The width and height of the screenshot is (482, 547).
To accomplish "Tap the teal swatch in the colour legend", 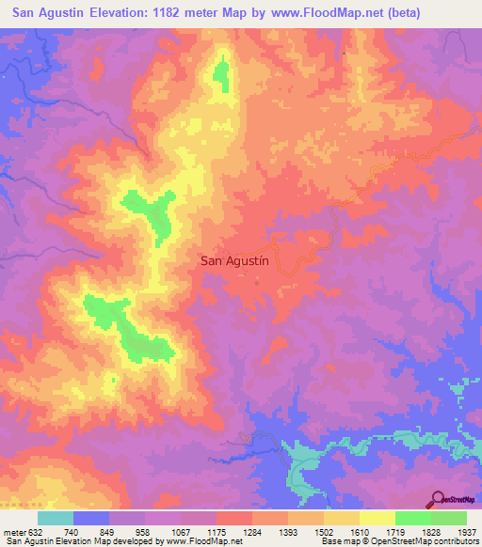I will click(56, 518).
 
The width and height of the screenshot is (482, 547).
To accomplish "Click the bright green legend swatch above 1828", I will click(413, 518).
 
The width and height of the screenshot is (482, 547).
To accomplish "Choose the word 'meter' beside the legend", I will click(13, 532).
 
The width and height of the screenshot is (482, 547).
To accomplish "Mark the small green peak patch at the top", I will click(222, 75).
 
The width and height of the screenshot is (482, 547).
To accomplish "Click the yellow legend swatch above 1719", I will click(378, 518).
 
